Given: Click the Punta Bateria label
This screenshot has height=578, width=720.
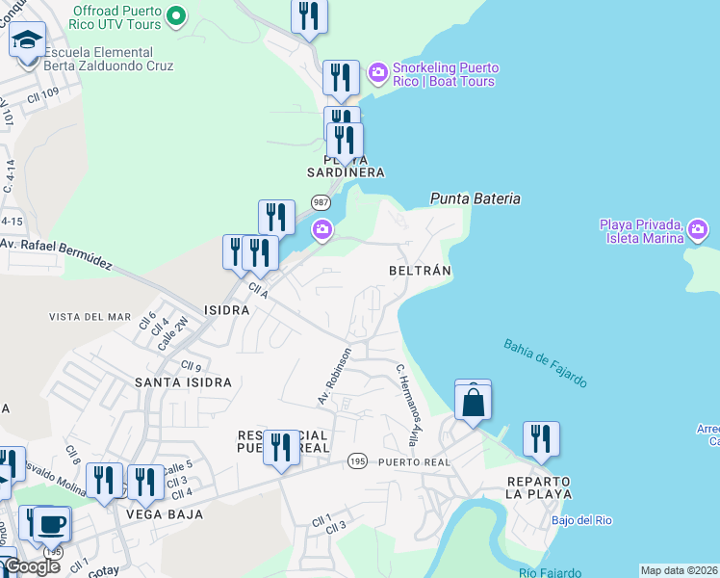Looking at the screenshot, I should [x=475, y=198].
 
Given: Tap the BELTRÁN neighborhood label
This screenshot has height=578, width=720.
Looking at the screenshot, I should [x=420, y=271].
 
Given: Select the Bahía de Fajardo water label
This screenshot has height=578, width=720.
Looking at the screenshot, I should [x=545, y=362].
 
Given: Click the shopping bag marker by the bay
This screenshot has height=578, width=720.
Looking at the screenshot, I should [x=473, y=401].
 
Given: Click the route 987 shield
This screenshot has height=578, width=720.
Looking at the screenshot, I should [x=321, y=202].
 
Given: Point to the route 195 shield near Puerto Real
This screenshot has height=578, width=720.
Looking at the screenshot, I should [x=357, y=461].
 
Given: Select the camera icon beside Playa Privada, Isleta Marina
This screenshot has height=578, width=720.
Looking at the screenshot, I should [x=698, y=229].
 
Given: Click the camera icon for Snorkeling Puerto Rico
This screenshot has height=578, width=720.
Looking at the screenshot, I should [x=377, y=71].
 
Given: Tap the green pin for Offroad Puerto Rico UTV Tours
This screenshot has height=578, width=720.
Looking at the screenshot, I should [x=176, y=14].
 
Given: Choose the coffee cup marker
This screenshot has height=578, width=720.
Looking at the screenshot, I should [x=52, y=523].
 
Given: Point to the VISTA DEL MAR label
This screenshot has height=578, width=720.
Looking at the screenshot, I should [x=90, y=317].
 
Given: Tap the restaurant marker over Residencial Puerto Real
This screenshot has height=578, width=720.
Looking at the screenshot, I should [x=281, y=447].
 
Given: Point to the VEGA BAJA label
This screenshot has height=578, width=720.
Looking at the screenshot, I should [x=165, y=514].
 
